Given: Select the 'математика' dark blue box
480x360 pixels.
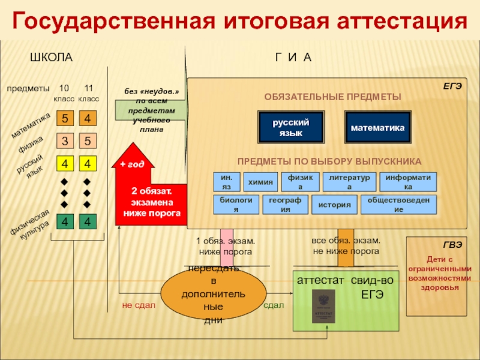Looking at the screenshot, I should pyautogui.click(x=377, y=127).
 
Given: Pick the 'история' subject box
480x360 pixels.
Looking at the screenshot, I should pyautogui.click(x=334, y=205).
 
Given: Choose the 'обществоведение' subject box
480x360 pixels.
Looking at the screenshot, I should pyautogui.click(x=398, y=205).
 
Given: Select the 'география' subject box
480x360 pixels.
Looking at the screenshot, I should pyautogui.click(x=285, y=205).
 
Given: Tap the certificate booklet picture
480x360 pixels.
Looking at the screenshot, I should pyautogui.click(x=323, y=307).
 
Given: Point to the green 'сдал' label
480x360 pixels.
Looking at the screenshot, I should pyautogui.click(x=274, y=305).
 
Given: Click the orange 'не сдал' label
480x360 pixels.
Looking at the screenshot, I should pyautogui.click(x=139, y=305).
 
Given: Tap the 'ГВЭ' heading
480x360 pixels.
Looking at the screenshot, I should pyautogui.click(x=452, y=245).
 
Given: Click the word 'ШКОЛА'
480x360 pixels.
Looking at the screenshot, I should pyautogui.click(x=51, y=58).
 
